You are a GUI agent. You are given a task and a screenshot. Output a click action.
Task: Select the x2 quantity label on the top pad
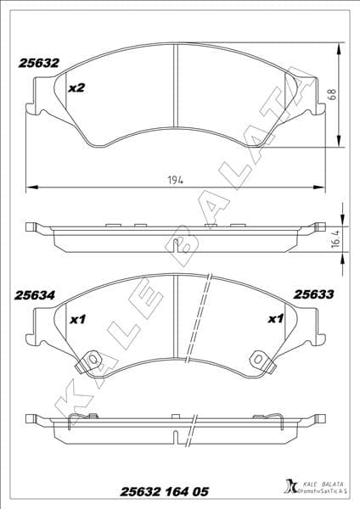click(77, 87)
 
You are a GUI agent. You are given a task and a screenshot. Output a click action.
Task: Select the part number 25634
click(35, 296)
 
